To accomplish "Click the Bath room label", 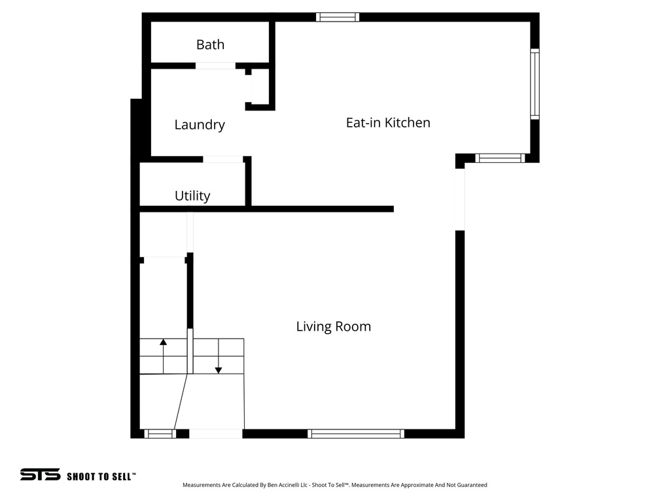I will [x=210, y=44].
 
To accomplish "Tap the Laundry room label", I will [x=200, y=125].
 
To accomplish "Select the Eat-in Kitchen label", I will [x=388, y=122].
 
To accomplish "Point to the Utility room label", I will [x=192, y=196].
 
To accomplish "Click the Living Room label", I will [x=333, y=326].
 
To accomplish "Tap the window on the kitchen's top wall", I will [x=338, y=17].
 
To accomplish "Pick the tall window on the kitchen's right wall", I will [x=535, y=84].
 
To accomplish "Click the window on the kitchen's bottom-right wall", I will [x=500, y=158].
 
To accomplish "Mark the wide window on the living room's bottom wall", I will [x=356, y=433].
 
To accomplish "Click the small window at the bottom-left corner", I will [x=160, y=433].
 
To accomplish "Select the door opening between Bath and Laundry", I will [x=215, y=65].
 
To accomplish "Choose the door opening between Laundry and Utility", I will [x=222, y=159].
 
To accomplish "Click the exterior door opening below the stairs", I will [x=215, y=433].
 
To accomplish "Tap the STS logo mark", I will [x=40, y=475].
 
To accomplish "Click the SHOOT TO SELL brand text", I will [x=101, y=477].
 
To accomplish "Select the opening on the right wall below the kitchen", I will [x=460, y=199].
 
